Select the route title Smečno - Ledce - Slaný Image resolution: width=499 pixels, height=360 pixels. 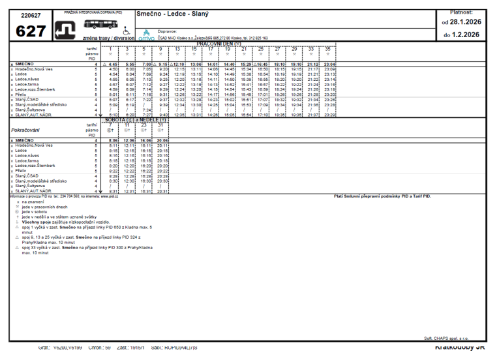tap(168, 14)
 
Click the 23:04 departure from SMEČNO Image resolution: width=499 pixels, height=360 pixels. tap(329, 65)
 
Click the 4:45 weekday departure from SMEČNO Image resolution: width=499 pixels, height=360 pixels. tap(113, 65)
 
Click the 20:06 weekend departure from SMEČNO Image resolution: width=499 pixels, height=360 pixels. tap(163, 140)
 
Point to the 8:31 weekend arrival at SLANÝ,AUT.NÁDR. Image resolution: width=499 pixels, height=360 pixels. tap(113, 191)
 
